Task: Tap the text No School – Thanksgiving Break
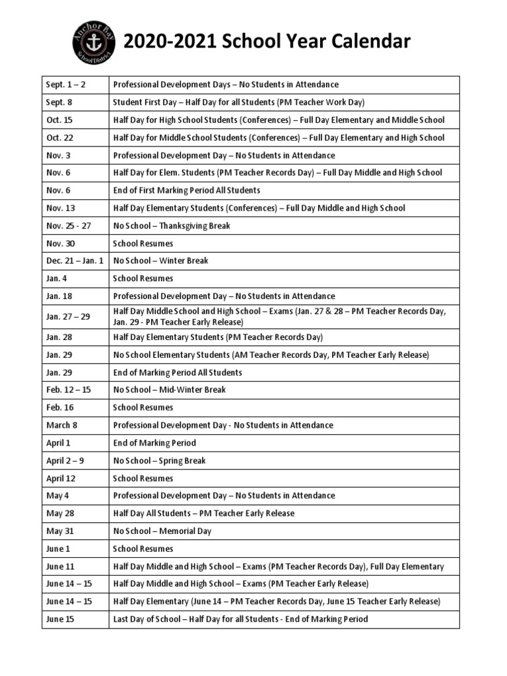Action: pos(172,226)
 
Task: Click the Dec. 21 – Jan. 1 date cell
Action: pos(75,261)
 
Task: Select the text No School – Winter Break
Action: pos(160,261)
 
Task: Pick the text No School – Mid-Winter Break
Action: pos(169,390)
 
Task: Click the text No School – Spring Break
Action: pos(160,461)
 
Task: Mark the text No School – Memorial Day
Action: pos(162,531)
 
